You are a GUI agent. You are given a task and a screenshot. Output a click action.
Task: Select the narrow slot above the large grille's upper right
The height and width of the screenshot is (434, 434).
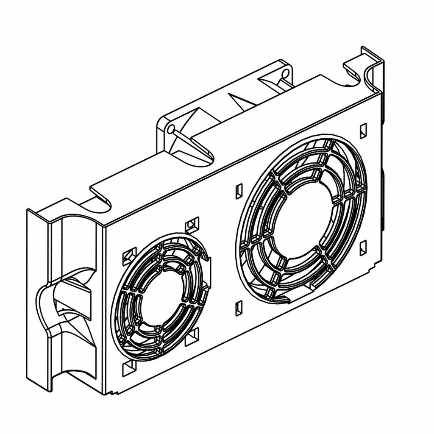tap(363, 131)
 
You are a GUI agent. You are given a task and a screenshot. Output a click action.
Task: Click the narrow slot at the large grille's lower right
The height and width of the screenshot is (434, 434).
tap(363, 248)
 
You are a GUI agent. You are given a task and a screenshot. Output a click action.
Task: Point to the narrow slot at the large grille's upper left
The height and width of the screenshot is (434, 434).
tap(239, 191)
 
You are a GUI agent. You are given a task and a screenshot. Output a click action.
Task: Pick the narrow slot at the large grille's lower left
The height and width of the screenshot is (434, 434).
tap(239, 309)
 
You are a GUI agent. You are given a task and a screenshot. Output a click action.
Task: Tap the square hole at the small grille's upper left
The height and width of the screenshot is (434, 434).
tap(129, 256)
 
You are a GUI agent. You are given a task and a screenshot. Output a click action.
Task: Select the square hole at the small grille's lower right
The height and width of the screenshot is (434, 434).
tap(192, 336)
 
